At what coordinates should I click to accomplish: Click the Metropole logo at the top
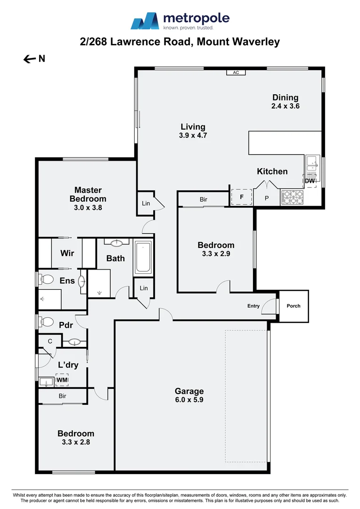pos(180,21)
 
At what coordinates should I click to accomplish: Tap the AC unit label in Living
pos(236,73)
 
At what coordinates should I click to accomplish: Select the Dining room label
pos(285,98)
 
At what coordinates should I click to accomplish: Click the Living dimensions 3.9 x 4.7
pos(193,135)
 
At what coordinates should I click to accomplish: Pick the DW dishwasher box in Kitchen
pos(310,181)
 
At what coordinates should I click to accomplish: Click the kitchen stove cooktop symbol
pos(292,197)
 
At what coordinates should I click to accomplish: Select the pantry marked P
pos(266,198)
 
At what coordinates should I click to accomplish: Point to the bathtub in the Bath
pos(143,257)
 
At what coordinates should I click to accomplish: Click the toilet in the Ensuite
pos(47,279)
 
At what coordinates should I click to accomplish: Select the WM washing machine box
pos(62,379)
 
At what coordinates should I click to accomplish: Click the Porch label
pos(294,306)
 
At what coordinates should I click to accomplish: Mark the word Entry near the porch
pos(254,306)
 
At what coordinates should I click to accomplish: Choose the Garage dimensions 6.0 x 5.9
pos(189,400)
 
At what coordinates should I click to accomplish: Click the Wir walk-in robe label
pos(67,253)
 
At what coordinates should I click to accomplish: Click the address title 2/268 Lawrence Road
pos(180,42)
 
